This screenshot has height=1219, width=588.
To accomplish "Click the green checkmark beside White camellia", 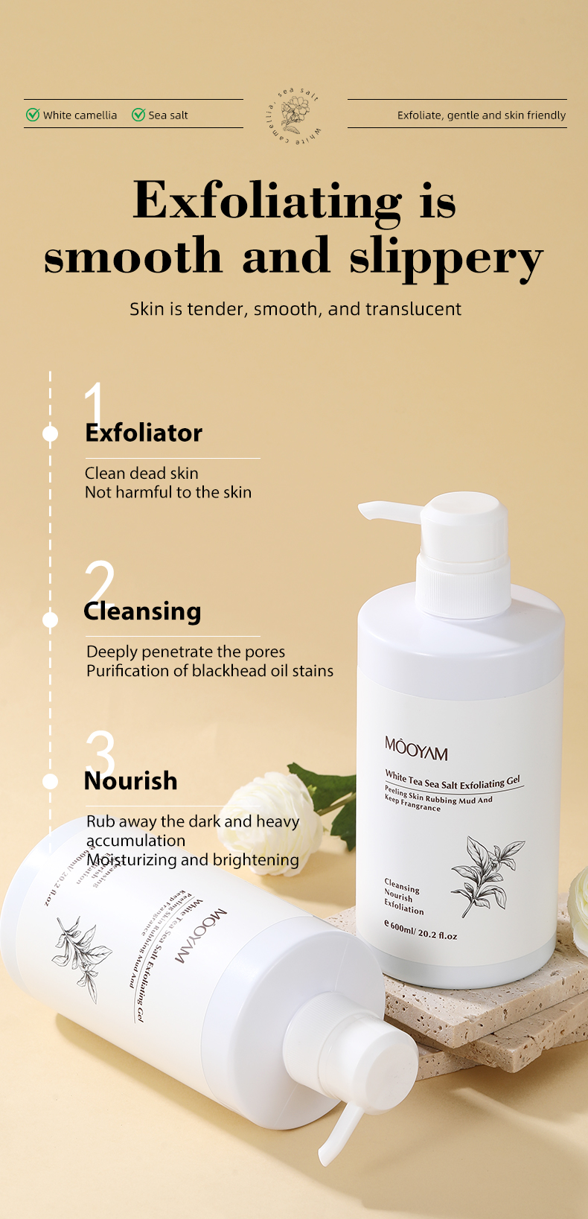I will (33, 115).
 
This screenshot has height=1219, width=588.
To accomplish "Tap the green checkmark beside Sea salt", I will (138, 115).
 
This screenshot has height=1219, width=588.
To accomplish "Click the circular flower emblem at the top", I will (295, 115).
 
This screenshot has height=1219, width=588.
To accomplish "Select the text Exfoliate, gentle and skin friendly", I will (481, 115).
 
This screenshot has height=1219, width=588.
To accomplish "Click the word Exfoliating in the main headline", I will (266, 202).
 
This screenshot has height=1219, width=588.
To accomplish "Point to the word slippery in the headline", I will (447, 258).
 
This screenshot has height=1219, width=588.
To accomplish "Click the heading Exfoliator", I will (144, 433).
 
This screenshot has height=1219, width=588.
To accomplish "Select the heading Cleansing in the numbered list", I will (143, 611).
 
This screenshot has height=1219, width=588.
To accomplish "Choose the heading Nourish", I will (131, 781).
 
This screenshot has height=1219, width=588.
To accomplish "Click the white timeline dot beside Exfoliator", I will (51, 433).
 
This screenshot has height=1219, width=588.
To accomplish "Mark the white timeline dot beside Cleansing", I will (51, 620).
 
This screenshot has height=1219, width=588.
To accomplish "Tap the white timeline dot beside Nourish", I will (51, 781).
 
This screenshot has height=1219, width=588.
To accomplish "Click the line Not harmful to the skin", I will (168, 492).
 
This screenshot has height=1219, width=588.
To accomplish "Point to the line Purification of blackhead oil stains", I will (210, 671).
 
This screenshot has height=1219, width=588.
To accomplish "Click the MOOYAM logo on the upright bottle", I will (416, 748).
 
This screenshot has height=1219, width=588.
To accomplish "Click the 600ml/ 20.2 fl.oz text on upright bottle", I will (421, 931).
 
